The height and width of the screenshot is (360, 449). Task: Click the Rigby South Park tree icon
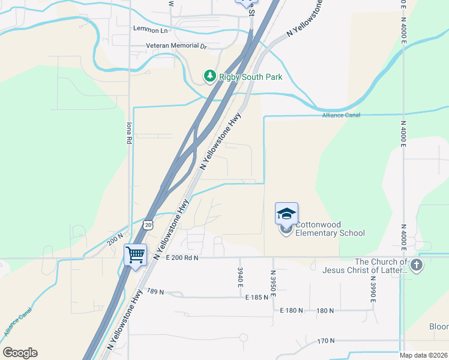point(209,76)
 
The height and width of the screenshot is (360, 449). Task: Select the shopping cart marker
point(135,254)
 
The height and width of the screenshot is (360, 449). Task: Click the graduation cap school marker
point(286,214)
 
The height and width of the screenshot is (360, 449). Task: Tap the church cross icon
point(417,265)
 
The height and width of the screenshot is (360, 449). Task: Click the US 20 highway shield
point(148,224)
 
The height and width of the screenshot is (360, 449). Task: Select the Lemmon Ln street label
point(150,30)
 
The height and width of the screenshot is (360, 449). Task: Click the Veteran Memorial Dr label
point(176,46)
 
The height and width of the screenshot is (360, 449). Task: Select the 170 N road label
point(326,341)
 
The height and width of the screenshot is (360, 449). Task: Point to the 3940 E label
point(240,276)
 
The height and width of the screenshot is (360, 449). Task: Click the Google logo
point(20,353)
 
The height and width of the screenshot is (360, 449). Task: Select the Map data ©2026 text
point(424,355)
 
